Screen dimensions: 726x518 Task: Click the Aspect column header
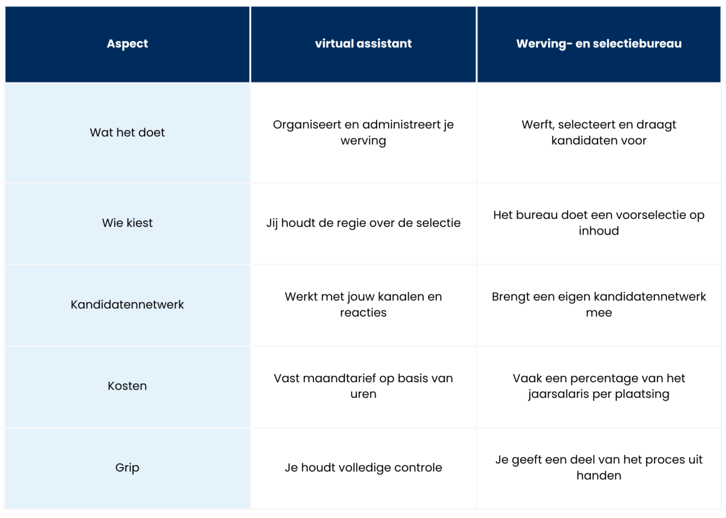pyautogui.click(x=127, y=44)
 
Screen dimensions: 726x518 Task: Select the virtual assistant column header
pyautogui.click(x=364, y=44)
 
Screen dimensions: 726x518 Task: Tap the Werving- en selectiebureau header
pyautogui.click(x=599, y=44)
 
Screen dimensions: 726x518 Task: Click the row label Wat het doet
pyautogui.click(x=127, y=133)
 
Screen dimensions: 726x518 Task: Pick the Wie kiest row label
pyautogui.click(x=127, y=223)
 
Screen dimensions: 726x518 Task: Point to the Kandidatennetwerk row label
pyautogui.click(x=127, y=305)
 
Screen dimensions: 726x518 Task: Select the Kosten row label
pyautogui.click(x=127, y=386)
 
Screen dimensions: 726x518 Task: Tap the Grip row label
pyautogui.click(x=127, y=468)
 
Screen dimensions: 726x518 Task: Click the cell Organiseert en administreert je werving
pyautogui.click(x=364, y=133)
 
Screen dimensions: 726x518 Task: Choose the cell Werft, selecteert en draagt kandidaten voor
pyautogui.click(x=599, y=133)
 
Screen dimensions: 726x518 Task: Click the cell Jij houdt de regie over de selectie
pyautogui.click(x=364, y=223)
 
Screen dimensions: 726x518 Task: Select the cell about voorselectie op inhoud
pyautogui.click(x=599, y=223)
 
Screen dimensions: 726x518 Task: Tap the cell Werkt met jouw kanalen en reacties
pyautogui.click(x=364, y=305)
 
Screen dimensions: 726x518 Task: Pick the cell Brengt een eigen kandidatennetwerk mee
pyautogui.click(x=599, y=305)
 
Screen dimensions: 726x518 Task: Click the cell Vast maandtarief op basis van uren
pyautogui.click(x=364, y=386)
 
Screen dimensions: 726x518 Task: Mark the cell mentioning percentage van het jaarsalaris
pyautogui.click(x=599, y=386)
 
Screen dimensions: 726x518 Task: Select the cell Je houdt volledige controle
pyautogui.click(x=364, y=468)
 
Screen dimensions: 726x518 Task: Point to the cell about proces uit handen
pyautogui.click(x=599, y=468)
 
